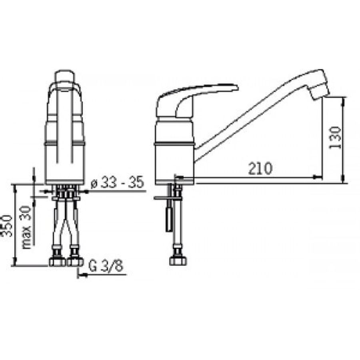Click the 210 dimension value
coord(260,168)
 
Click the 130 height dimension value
coord(335,138)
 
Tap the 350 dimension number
coord(6,226)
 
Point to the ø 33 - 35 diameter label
coord(117,183)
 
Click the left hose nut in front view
coord(57,262)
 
